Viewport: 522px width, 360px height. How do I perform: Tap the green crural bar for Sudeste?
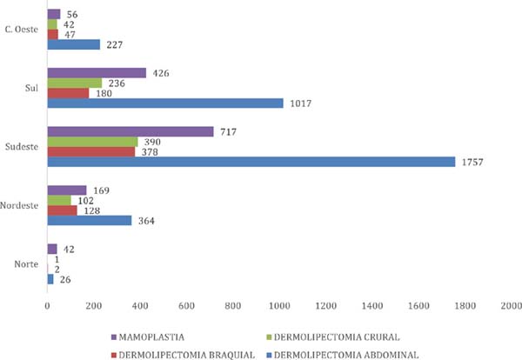click(92, 142)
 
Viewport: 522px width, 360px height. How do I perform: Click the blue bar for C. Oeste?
click(73, 45)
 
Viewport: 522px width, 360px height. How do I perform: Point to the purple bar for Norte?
click(51, 249)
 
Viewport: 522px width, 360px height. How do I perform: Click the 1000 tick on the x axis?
click(279, 305)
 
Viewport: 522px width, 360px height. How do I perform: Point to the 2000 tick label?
click(511, 305)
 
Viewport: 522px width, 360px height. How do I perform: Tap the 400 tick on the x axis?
click(139, 305)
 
